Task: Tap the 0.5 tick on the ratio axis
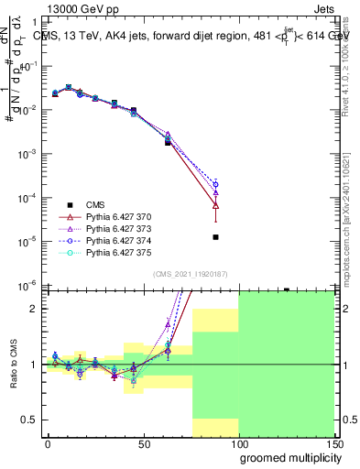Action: (30, 420)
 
